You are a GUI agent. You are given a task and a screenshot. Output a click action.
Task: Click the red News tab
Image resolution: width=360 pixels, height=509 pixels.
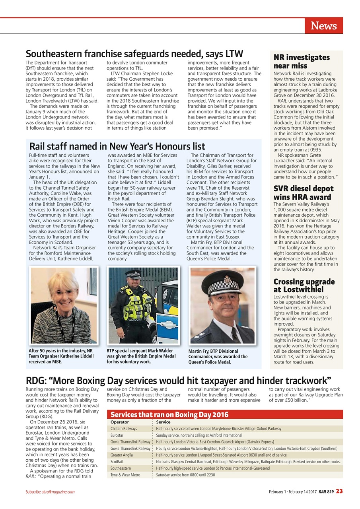(x=323, y=26)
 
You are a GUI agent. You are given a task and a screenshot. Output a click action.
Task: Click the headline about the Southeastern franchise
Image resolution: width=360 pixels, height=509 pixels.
(x=134, y=54)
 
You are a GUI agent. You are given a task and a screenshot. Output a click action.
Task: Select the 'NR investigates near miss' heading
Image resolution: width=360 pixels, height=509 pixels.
(x=302, y=61)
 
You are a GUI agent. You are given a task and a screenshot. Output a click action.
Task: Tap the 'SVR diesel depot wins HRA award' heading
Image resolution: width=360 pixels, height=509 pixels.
(x=303, y=192)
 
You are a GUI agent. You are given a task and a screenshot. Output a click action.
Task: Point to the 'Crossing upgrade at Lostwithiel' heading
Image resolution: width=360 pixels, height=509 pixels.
(x=304, y=286)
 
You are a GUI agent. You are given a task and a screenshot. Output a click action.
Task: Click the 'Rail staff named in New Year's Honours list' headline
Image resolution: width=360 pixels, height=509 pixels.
(x=117, y=146)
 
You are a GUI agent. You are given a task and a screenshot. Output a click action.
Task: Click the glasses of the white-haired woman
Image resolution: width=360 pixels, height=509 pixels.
(x=64, y=292)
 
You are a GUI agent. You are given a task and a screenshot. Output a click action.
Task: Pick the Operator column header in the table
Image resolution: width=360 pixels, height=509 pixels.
(x=120, y=422)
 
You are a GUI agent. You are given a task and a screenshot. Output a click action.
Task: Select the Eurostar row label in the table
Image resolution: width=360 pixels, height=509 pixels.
(x=117, y=435)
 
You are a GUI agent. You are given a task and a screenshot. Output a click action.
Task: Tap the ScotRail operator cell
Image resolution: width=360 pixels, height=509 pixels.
(x=117, y=462)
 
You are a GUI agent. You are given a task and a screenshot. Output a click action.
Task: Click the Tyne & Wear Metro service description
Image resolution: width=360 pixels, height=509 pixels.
(x=185, y=475)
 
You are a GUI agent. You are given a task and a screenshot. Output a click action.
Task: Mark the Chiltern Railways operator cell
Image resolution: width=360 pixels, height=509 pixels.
(x=124, y=429)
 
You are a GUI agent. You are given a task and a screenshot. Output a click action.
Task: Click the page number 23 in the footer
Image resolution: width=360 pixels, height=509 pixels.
(x=339, y=491)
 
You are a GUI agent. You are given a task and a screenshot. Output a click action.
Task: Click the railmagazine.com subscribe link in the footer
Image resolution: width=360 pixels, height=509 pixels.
(x=60, y=492)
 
